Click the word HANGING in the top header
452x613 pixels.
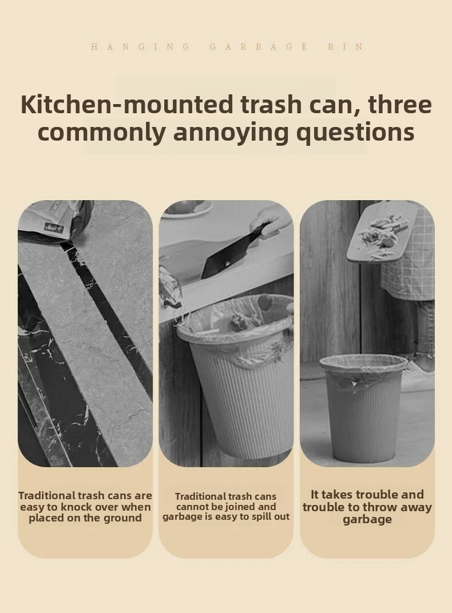pyautogui.click(x=140, y=47)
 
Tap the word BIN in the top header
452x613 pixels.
pyautogui.click(x=345, y=47)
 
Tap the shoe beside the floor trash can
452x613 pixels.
pyautogui.click(x=418, y=375)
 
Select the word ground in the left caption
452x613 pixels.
pyautogui.click(x=122, y=519)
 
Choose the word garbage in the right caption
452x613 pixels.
pyautogui.click(x=367, y=520)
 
